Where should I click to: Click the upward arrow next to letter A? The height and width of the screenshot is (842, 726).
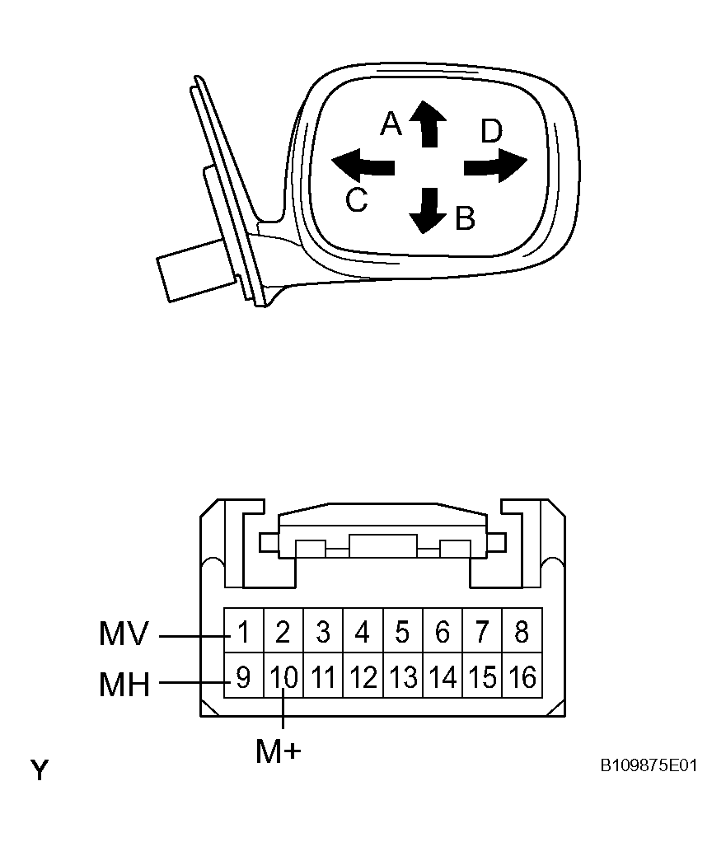click(x=428, y=124)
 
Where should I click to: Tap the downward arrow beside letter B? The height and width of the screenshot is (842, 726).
click(x=428, y=211)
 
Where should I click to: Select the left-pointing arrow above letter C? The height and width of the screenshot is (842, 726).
click(x=363, y=165)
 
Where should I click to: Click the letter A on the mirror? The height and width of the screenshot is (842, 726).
click(x=391, y=124)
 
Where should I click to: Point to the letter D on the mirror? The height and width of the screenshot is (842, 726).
click(x=491, y=132)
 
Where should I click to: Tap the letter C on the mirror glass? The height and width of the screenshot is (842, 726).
click(x=357, y=199)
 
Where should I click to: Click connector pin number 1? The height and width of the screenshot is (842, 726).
click(x=243, y=631)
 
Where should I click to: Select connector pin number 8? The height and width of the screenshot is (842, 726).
click(x=522, y=631)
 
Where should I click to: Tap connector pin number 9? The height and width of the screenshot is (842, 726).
click(x=243, y=676)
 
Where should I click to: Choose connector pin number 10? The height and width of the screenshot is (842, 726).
click(x=283, y=676)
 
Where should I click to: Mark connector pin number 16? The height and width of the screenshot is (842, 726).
click(x=522, y=676)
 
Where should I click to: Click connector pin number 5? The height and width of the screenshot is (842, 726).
click(x=403, y=631)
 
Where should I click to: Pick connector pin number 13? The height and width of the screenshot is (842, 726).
click(x=403, y=676)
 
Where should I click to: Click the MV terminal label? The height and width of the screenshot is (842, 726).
click(x=124, y=634)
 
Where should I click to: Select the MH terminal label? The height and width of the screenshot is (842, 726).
click(x=124, y=685)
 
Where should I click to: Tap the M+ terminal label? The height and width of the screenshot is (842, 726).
click(x=279, y=751)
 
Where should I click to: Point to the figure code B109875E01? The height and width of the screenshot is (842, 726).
click(x=649, y=765)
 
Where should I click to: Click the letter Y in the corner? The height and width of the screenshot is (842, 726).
click(x=40, y=770)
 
